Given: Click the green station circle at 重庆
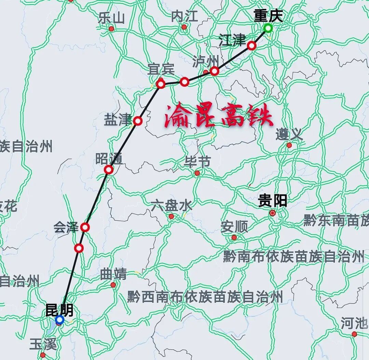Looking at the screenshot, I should pyautogui.click(x=268, y=28).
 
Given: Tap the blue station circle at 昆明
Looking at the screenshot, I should pyautogui.click(x=59, y=320).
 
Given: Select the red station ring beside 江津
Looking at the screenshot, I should pyautogui.click(x=251, y=45).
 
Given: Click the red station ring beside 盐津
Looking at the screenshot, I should pyautogui.click(x=138, y=121).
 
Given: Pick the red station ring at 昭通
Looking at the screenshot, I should pyautogui.click(x=109, y=169).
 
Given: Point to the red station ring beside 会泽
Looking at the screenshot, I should pyautogui.click(x=85, y=227).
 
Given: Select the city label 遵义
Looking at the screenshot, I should pyautogui.click(x=289, y=134).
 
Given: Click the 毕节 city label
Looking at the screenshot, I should pyautogui.click(x=197, y=162).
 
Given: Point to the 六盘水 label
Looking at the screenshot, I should pyautogui.click(x=171, y=205).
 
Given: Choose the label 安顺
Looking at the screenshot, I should pyautogui.click(x=234, y=226).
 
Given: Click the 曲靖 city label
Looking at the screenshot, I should pyautogui.click(x=113, y=274).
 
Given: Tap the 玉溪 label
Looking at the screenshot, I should pyautogui.click(x=43, y=344).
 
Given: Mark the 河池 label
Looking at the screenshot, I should pyautogui.click(x=354, y=323).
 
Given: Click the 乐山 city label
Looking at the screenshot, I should pyautogui.click(x=111, y=18).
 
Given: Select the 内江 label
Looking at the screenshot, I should pyautogui.click(x=184, y=16).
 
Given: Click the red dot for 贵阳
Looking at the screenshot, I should pyautogui.click(x=272, y=213).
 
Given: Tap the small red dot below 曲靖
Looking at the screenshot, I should pyautogui.click(x=113, y=285).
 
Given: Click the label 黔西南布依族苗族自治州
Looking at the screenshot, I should pyautogui.click(x=205, y=297).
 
